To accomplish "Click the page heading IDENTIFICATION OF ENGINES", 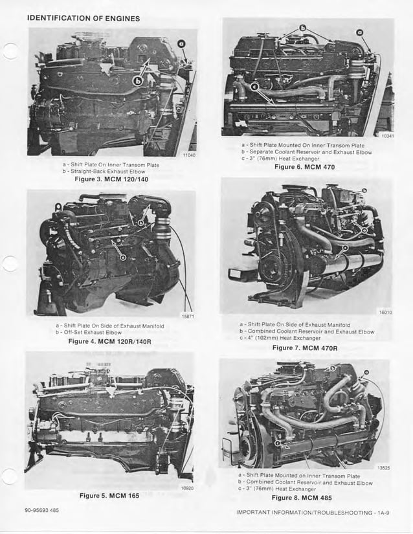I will (84, 17).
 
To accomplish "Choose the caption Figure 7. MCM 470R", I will (306, 348).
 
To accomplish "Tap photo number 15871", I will (187, 317).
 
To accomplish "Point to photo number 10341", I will (387, 136).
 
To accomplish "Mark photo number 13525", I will (385, 467).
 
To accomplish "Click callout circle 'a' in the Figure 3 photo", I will (181, 43).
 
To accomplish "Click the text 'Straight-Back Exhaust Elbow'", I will (107, 172).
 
